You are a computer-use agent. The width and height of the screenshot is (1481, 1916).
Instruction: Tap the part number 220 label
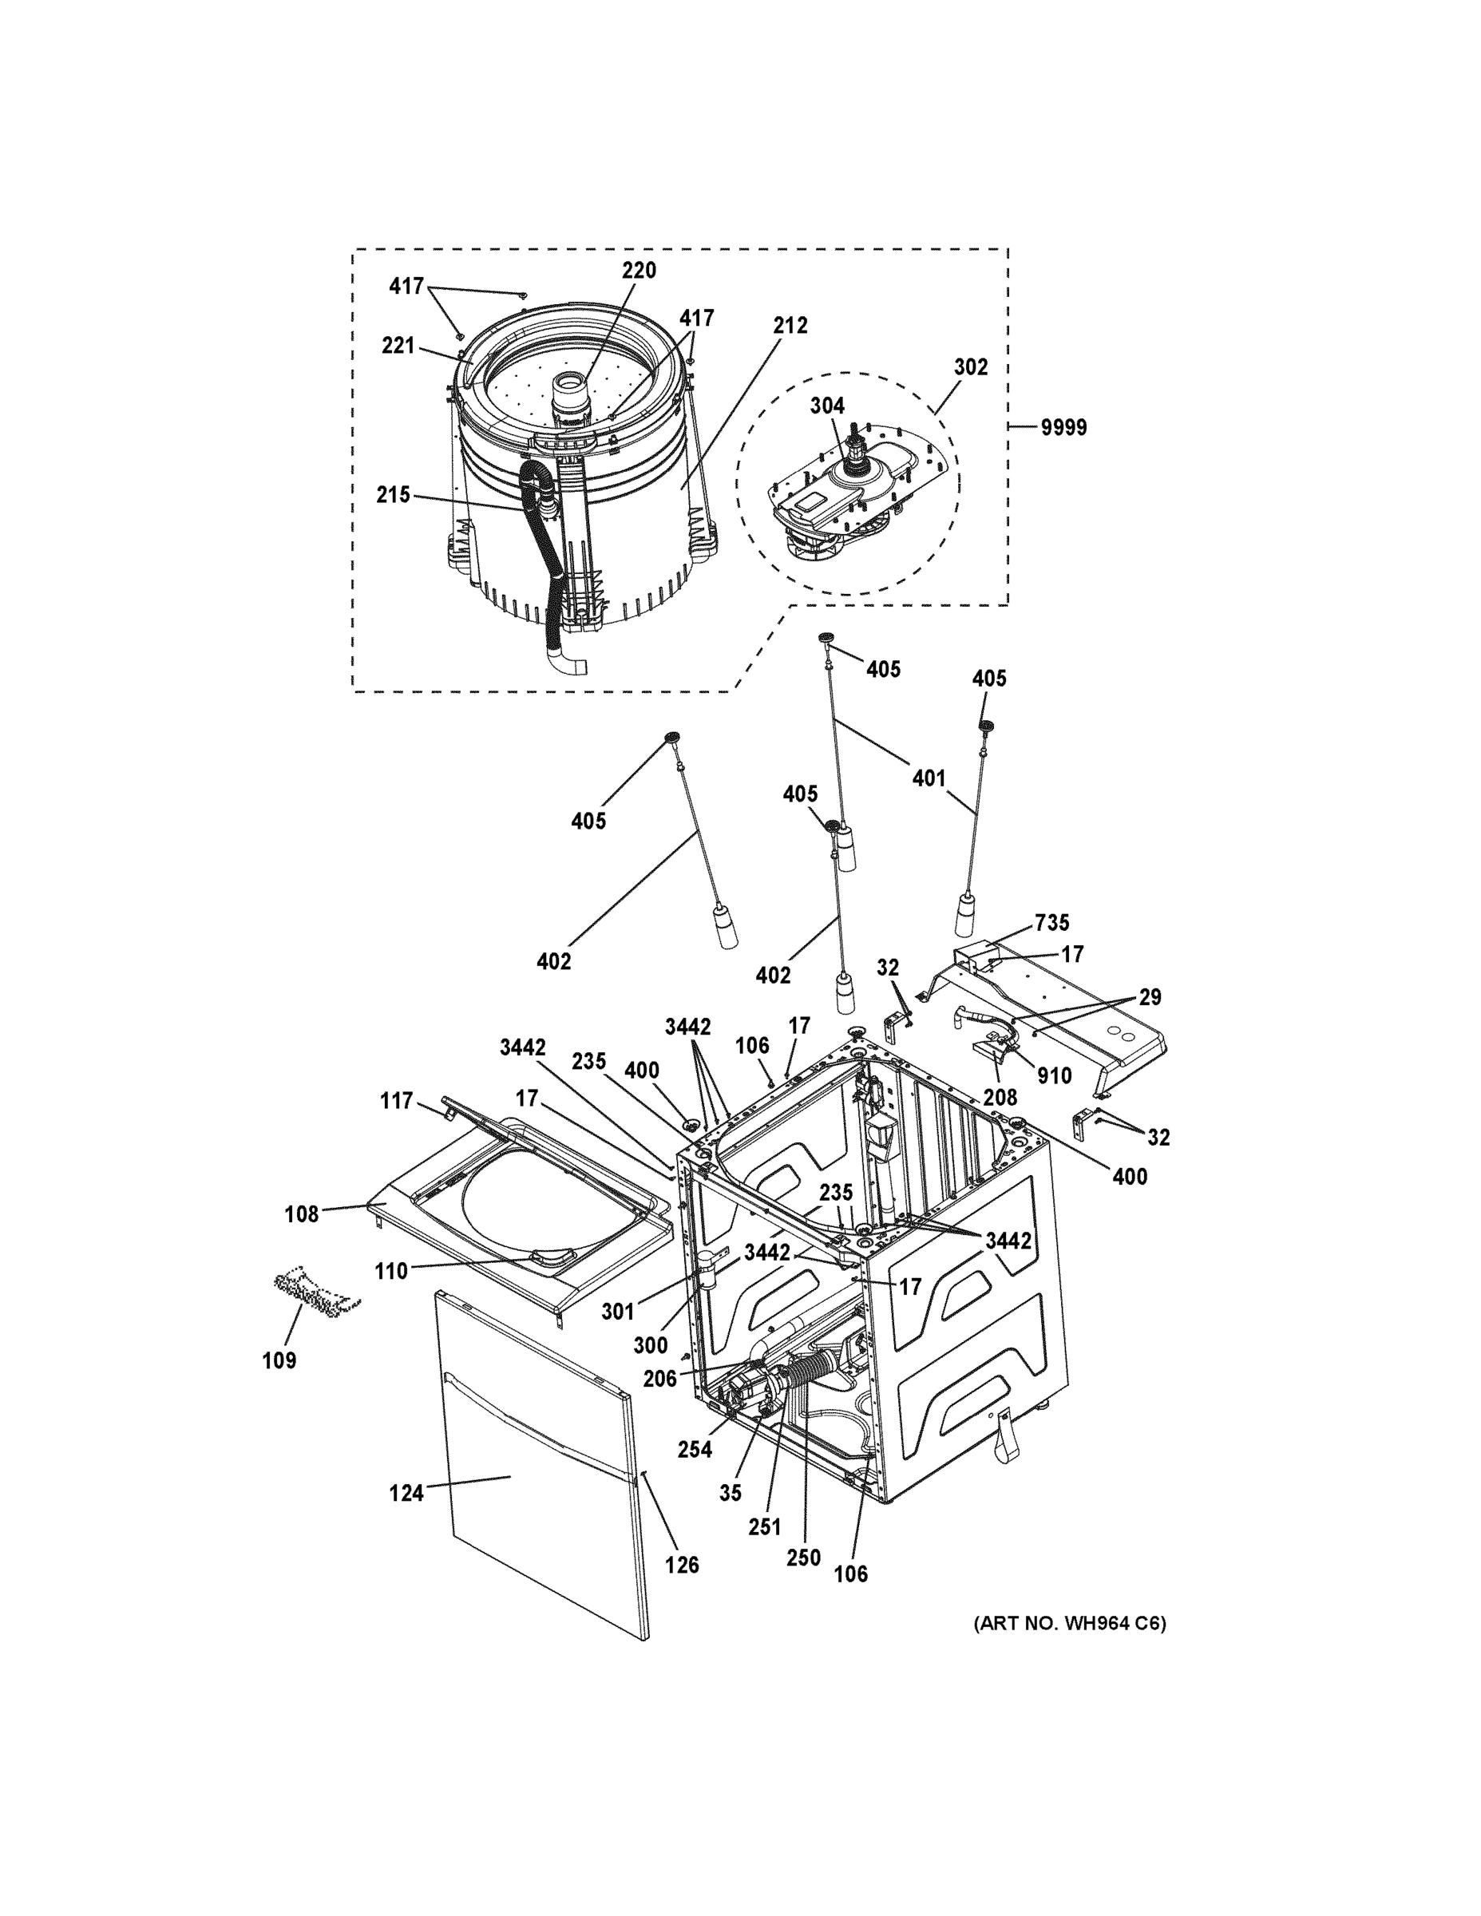[x=639, y=270]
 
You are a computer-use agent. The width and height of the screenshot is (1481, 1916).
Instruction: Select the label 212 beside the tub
[x=790, y=325]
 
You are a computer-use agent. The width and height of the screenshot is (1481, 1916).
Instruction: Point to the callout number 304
[x=826, y=406]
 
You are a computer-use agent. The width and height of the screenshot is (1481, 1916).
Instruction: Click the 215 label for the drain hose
[x=393, y=495]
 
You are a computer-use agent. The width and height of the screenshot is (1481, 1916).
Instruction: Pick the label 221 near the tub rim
[x=398, y=346]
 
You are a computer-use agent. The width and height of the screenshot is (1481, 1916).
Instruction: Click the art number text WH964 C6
[x=1070, y=1623]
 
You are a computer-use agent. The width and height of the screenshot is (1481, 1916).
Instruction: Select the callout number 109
[x=279, y=1360]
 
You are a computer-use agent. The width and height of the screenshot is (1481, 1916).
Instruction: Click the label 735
[x=1051, y=922]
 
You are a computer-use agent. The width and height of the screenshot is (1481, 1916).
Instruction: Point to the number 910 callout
[x=1054, y=1075]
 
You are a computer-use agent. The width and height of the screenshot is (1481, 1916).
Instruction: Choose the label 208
[x=1000, y=1097]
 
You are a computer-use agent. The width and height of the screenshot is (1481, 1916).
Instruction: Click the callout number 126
[x=681, y=1564]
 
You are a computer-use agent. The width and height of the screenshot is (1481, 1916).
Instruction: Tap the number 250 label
[x=803, y=1558]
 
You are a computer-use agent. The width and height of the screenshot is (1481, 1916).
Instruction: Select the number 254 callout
[x=694, y=1449]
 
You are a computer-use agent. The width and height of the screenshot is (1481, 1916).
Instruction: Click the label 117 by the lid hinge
[x=396, y=1100]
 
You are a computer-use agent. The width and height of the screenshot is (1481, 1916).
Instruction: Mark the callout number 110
[x=390, y=1270]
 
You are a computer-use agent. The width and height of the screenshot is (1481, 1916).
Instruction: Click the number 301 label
[x=618, y=1311]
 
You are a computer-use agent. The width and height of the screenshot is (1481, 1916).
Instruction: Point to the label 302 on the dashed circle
[x=970, y=366]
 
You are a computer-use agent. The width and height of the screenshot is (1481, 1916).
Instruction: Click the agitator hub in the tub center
[x=570, y=390]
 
